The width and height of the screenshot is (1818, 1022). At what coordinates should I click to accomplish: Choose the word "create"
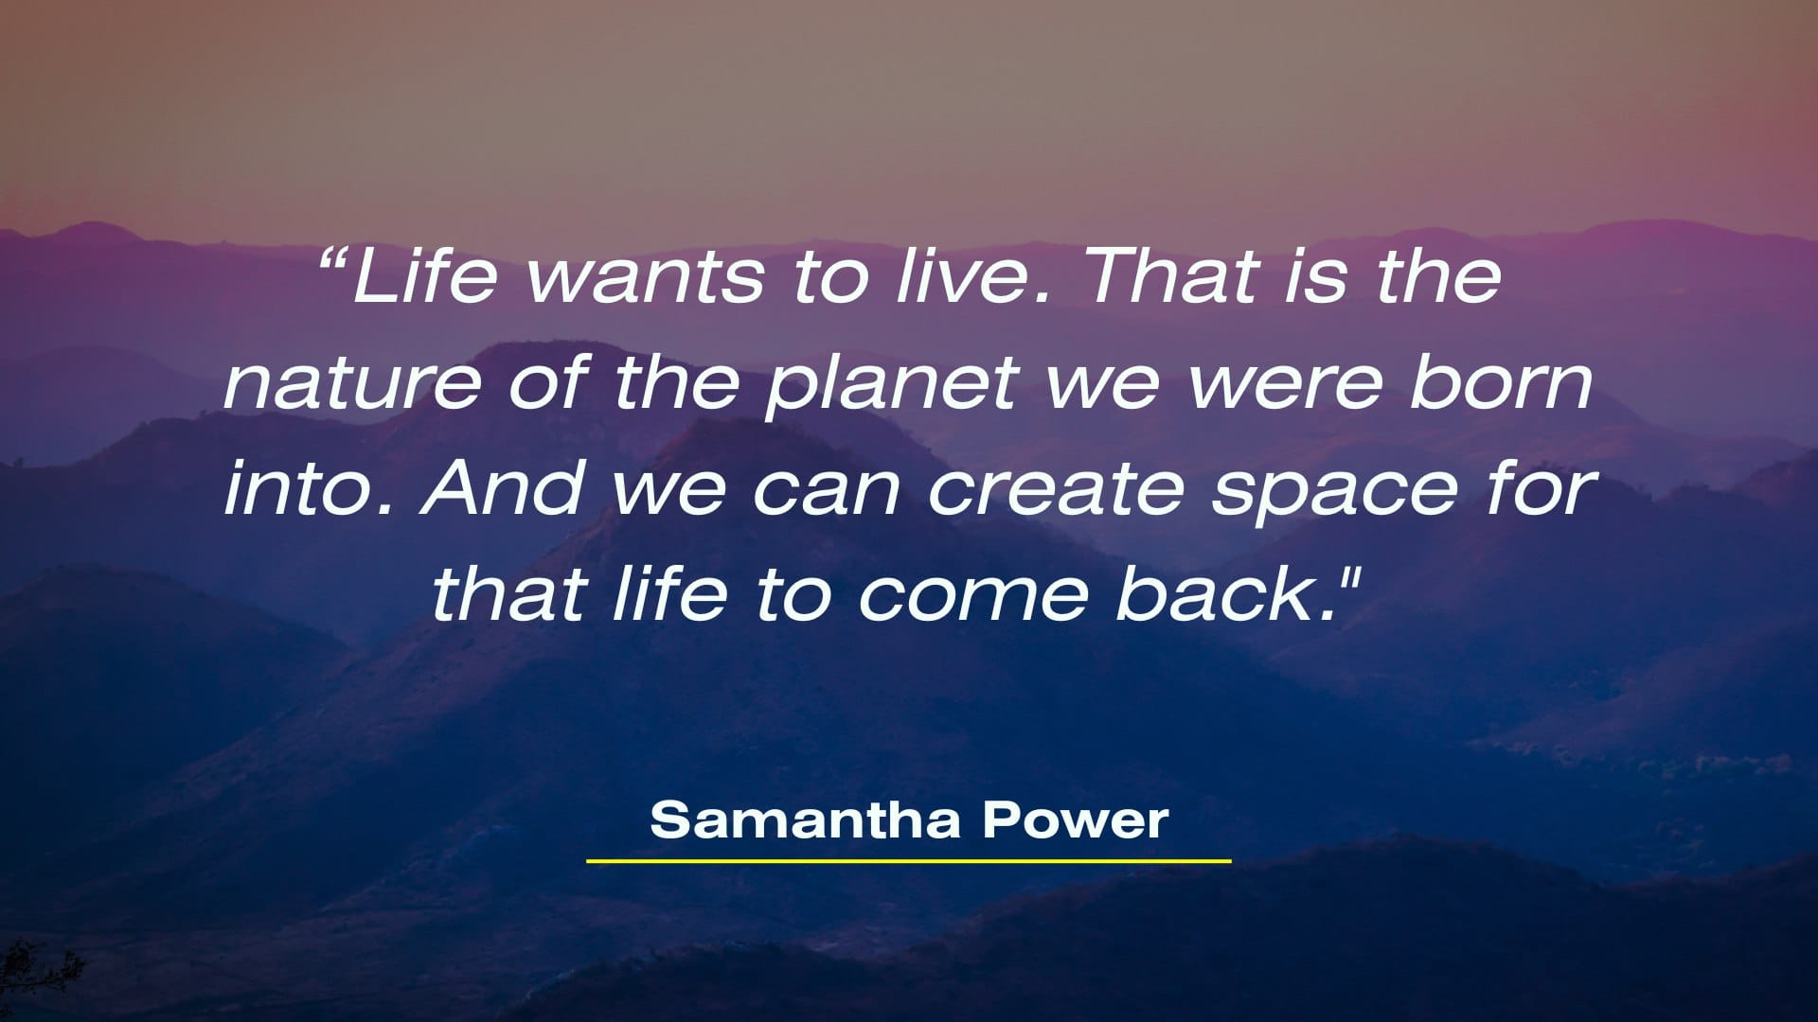pos(1056,489)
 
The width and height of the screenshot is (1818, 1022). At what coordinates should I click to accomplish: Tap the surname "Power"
pos(1075,819)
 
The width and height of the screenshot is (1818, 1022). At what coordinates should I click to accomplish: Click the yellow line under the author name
pos(909,861)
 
